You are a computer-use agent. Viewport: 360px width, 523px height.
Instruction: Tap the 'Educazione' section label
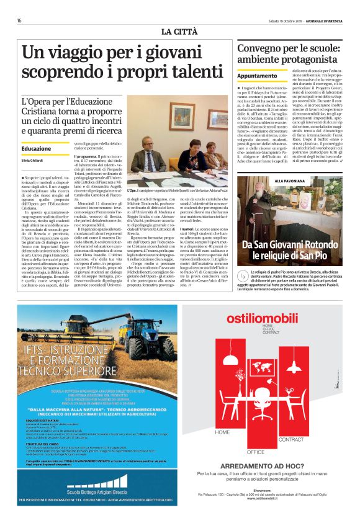(36, 149)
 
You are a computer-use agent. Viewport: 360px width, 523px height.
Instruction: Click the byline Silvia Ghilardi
(34, 160)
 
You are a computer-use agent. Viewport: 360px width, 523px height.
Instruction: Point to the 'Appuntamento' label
(257, 75)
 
